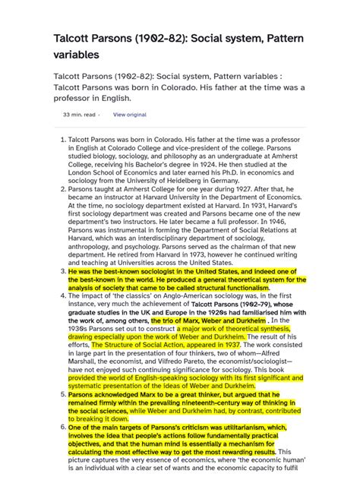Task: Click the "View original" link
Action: point(129,115)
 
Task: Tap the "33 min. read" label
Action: point(78,115)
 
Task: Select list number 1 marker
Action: point(62,141)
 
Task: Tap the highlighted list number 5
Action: point(62,395)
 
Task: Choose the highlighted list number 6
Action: point(62,428)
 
